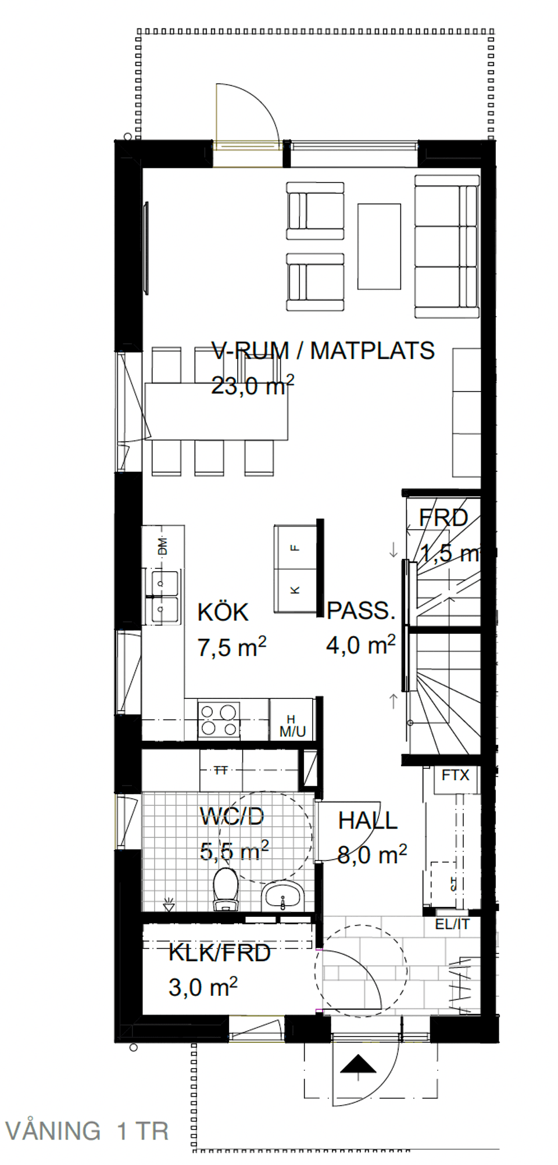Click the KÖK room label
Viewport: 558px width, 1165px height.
223,612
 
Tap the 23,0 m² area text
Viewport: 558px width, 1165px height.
252,385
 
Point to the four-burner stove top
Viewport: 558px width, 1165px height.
219,719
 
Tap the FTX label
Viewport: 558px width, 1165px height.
455,775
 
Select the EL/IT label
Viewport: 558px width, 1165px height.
452,924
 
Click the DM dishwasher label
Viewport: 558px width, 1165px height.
163,546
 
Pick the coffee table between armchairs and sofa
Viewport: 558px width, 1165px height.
379,246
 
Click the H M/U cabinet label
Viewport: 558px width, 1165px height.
292,726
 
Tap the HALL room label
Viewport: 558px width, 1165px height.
367,820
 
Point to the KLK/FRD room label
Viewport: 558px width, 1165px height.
219,953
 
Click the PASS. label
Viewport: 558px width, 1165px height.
360,611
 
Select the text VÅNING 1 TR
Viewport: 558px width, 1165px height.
87,1131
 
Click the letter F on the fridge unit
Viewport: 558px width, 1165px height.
295,547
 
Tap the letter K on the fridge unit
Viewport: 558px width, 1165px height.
295,590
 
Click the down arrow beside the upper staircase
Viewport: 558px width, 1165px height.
394,549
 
